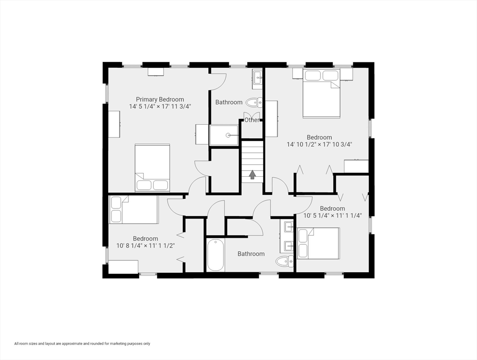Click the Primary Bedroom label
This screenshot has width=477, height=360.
pyautogui.click(x=160, y=99)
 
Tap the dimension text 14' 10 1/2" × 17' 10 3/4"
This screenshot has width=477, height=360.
pyautogui.click(x=319, y=145)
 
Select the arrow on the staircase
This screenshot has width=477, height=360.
pyautogui.click(x=253, y=175)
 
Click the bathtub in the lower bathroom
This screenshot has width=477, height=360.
pyautogui.click(x=216, y=255)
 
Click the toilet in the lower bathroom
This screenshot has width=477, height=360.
pyautogui.click(x=284, y=261)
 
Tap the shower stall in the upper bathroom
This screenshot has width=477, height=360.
pyautogui.click(x=224, y=135)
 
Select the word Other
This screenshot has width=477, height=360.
pyautogui.click(x=252, y=120)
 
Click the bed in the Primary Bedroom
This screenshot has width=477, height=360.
pyautogui.click(x=152, y=168)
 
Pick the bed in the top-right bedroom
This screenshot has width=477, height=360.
pyautogui.click(x=321, y=94)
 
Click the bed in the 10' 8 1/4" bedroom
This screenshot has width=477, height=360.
pyautogui.click(x=134, y=210)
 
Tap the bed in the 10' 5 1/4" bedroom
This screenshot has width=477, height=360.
pyautogui.click(x=318, y=243)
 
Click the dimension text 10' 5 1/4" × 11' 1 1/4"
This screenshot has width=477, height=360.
pyautogui.click(x=332, y=216)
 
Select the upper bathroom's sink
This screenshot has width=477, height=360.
pyautogui.click(x=257, y=79)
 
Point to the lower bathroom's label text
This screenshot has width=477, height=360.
pyautogui.click(x=251, y=254)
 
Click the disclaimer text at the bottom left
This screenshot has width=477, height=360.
pyautogui.click(x=82, y=344)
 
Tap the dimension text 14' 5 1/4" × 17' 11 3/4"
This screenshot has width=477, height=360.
pyautogui.click(x=160, y=106)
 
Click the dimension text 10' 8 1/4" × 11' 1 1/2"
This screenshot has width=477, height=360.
pyautogui.click(x=145, y=246)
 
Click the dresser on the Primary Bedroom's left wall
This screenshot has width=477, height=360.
pyautogui.click(x=114, y=124)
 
